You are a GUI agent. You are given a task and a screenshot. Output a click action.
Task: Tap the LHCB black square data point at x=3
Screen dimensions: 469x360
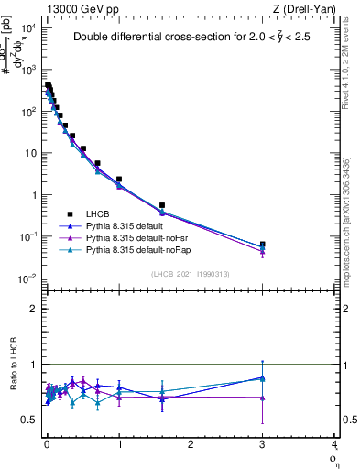263,245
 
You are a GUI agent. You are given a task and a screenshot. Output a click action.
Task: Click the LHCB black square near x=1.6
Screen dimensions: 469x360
162,206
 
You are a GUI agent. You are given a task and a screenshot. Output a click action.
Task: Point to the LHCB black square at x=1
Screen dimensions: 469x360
119,180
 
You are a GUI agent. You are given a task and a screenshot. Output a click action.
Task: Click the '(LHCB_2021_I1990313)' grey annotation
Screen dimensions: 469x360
190,275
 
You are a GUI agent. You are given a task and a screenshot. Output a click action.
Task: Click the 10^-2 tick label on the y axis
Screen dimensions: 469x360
28,278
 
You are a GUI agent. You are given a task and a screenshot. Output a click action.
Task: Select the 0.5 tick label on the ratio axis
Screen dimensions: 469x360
31,420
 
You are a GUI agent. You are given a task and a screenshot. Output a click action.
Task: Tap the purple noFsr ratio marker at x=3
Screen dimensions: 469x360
263,398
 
